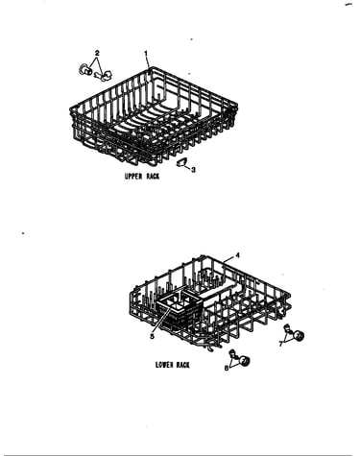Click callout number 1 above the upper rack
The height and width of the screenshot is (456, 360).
[146, 54]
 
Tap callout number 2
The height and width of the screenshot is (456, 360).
[97, 53]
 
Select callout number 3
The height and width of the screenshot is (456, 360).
[193, 170]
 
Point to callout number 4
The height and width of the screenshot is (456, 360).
[237, 255]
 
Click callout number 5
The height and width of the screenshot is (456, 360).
[152, 336]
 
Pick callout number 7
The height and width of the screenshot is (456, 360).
[280, 344]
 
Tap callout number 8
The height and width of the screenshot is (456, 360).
[227, 369]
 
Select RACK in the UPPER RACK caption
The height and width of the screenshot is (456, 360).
[153, 177]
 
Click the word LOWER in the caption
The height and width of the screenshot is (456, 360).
[163, 365]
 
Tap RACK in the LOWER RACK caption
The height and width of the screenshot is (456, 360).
[182, 365]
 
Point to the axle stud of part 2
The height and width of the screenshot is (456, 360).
[104, 76]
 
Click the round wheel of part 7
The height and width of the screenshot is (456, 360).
[299, 336]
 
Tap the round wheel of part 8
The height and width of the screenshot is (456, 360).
[245, 361]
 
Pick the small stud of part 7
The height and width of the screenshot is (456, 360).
[287, 327]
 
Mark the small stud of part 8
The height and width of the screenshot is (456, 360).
[233, 353]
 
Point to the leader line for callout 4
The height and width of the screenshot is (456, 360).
[228, 259]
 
